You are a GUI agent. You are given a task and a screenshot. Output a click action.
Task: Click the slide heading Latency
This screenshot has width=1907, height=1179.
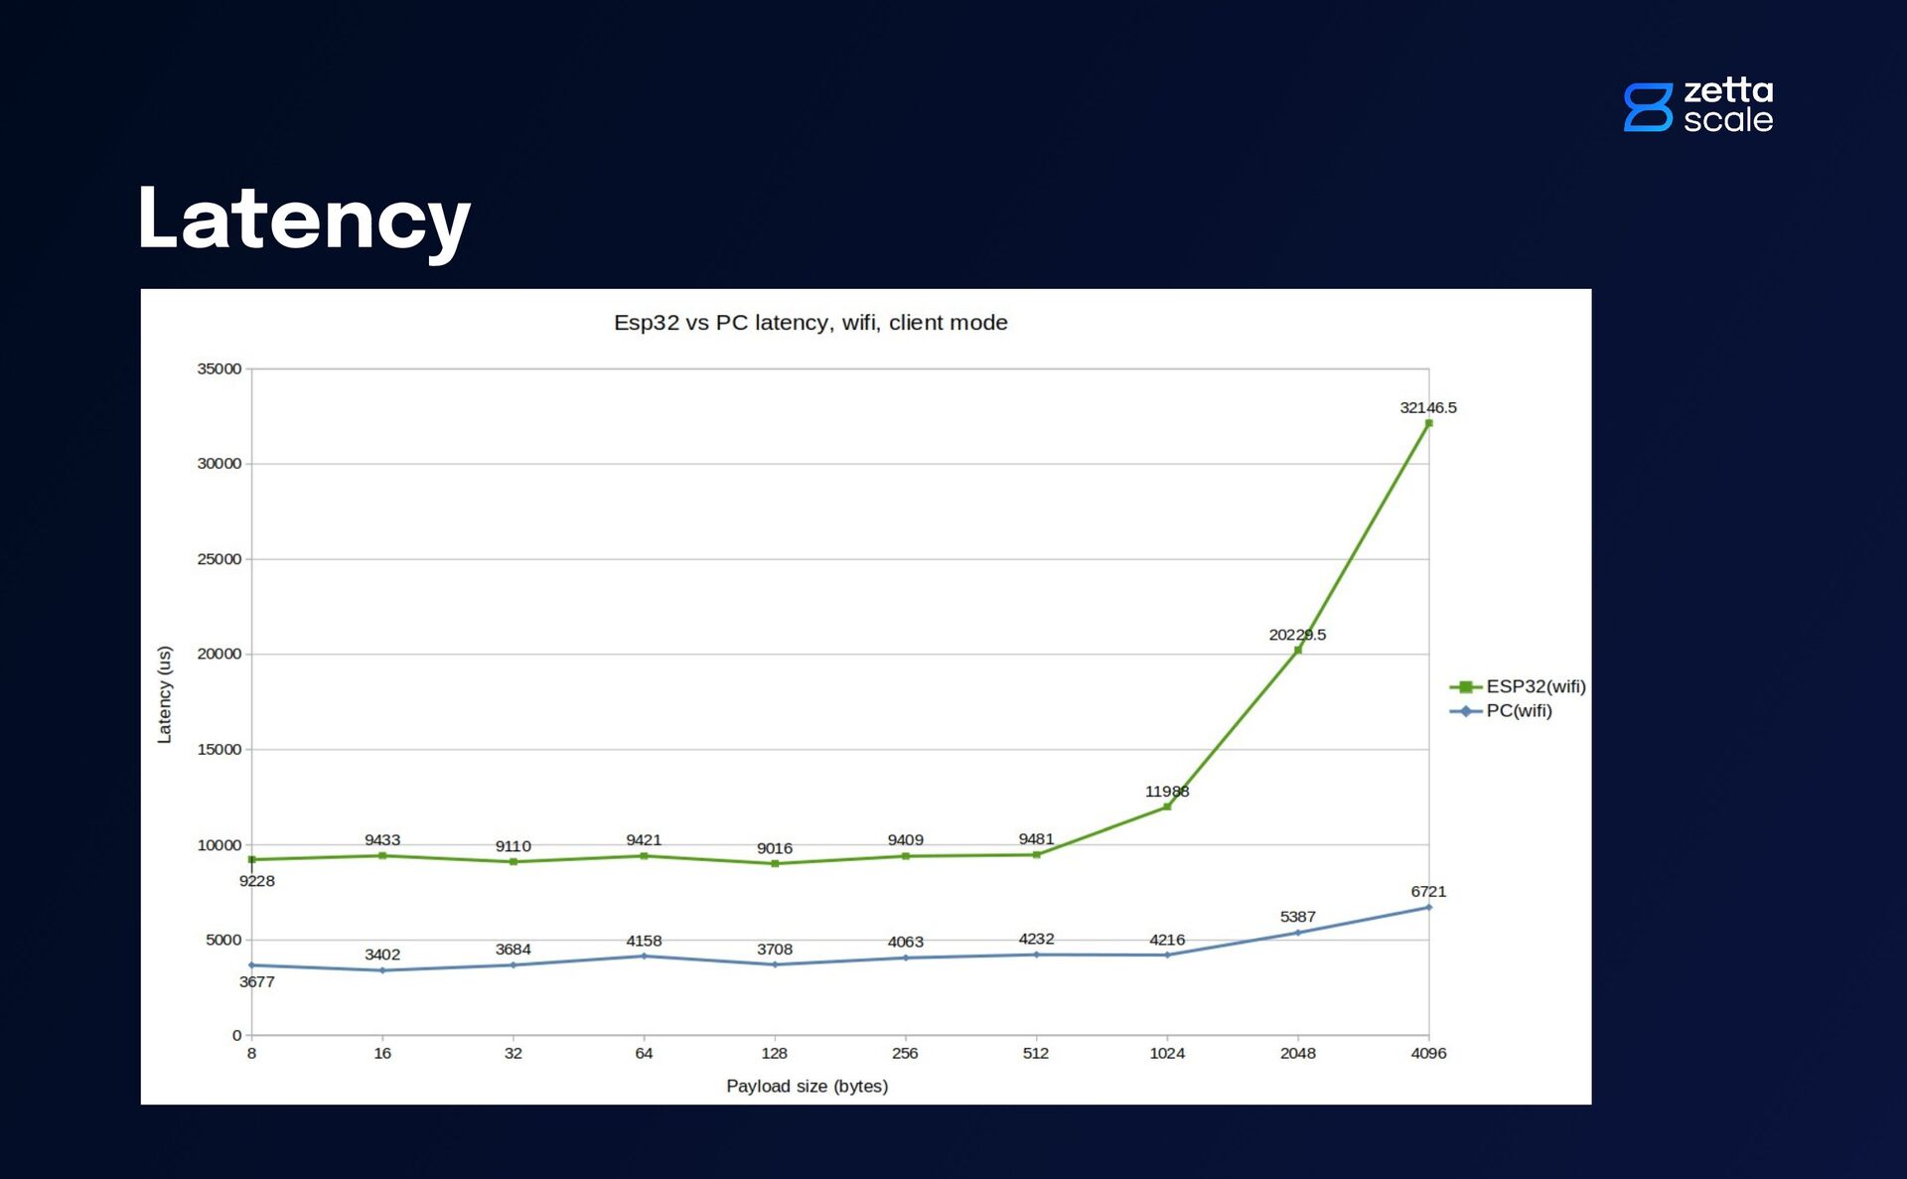click(304, 220)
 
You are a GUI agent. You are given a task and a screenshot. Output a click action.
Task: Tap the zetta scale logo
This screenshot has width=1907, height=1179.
click(1698, 106)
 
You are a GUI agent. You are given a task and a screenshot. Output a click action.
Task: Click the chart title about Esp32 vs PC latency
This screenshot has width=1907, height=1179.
click(810, 323)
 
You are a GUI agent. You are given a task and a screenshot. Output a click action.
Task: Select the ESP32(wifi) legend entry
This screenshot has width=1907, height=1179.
click(1518, 686)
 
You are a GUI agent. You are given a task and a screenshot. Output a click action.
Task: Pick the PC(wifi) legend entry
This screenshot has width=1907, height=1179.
click(1502, 711)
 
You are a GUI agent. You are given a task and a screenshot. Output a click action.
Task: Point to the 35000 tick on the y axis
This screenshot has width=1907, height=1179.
click(219, 368)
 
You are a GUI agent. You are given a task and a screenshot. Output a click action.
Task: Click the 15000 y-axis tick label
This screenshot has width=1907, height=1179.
click(219, 750)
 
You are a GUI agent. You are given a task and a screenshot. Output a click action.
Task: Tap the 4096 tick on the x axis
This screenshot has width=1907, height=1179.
click(1428, 1053)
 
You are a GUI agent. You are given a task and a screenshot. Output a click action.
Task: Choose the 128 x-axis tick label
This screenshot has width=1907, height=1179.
click(774, 1053)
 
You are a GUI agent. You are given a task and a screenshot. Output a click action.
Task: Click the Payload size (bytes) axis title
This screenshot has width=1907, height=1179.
click(807, 1086)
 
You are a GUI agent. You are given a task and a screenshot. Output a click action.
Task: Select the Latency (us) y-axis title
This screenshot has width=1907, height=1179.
click(165, 694)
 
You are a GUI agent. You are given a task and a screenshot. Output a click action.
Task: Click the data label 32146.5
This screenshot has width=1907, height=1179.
click(1427, 407)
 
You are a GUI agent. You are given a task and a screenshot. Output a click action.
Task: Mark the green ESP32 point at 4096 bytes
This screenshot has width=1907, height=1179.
click(1428, 423)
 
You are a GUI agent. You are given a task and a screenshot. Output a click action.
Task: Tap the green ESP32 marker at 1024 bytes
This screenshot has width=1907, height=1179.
click(1167, 807)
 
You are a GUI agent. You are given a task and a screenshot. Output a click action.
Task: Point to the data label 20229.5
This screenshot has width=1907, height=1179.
click(1296, 635)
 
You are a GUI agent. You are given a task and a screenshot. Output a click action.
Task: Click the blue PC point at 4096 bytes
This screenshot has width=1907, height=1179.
click(1428, 907)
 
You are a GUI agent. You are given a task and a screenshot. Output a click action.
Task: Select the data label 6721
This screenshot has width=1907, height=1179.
click(1428, 892)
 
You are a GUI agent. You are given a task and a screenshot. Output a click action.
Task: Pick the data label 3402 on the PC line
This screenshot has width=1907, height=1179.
click(382, 955)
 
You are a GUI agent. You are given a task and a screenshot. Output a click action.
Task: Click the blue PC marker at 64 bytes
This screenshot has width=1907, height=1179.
click(644, 957)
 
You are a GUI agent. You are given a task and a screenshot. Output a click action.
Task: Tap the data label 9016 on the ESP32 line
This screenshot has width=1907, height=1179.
click(774, 848)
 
